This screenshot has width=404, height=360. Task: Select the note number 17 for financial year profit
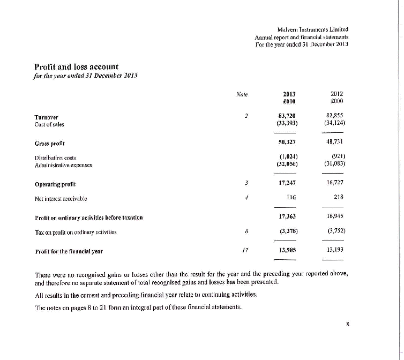[244, 250]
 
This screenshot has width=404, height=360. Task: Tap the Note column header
[243, 94]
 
